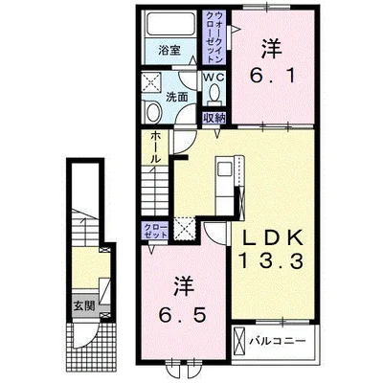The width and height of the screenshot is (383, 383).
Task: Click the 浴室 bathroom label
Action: tap(169, 50)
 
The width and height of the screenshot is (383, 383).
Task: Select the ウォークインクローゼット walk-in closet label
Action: tap(214, 36)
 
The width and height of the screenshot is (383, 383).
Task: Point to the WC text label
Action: tap(214, 78)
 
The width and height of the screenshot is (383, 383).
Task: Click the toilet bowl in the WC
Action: tap(214, 91)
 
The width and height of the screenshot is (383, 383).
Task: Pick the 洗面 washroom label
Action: tap(176, 97)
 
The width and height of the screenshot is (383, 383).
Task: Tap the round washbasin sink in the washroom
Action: tap(153, 112)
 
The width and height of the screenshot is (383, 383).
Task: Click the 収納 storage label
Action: tap(214, 118)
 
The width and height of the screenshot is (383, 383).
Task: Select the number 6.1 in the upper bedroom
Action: tap(272, 77)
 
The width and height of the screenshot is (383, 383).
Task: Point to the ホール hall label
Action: tap(155, 147)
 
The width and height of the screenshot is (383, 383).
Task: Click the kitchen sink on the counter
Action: tap(224, 169)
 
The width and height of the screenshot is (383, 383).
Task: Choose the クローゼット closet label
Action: tap(155, 232)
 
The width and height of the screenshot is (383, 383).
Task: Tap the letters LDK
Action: tap(273, 238)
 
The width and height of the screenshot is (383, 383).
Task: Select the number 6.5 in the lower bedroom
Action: tap(182, 316)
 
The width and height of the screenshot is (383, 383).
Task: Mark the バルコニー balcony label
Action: tap(278, 341)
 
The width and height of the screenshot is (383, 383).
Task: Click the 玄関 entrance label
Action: tap(84, 305)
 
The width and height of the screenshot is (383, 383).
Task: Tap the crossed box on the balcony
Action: tap(238, 340)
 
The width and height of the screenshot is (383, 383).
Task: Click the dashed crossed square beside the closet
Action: tap(184, 228)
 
